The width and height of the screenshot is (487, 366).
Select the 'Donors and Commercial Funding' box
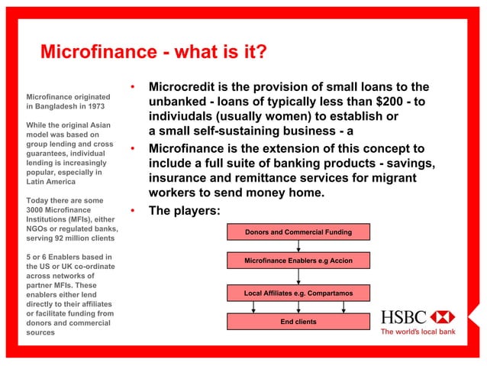click(298, 232)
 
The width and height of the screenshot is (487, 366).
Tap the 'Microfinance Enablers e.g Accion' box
click(298, 261)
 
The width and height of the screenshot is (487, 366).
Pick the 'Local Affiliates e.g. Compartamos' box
click(298, 293)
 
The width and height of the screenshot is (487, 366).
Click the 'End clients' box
click(298, 322)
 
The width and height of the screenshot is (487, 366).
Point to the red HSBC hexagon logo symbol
click(441, 317)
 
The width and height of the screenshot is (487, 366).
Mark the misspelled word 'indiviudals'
click(182, 116)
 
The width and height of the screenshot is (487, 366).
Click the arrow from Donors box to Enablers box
click(298, 246)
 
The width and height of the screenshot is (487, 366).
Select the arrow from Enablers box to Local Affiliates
click(298, 277)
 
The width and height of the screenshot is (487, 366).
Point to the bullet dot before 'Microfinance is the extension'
click(133, 148)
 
